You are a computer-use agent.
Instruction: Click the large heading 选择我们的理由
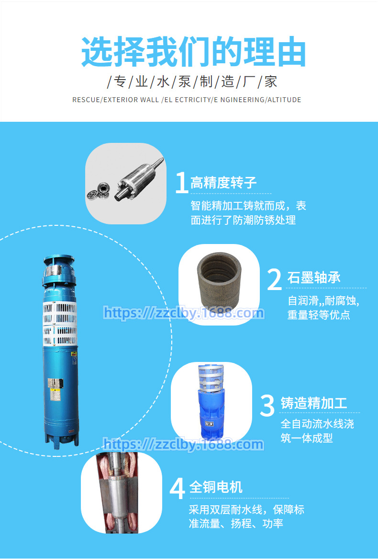tap(193, 52)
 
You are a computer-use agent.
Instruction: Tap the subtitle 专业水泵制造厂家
tap(192, 82)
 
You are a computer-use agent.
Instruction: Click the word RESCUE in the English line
tap(86, 100)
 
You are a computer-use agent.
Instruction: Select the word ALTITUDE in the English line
tap(284, 100)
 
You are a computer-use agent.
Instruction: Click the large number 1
tap(182, 183)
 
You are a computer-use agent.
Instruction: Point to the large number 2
tap(275, 279)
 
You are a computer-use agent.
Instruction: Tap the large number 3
tap(267, 405)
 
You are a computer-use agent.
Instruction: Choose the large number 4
tap(177, 489)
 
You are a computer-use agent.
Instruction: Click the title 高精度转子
tap(223, 183)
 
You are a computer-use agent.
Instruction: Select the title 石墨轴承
tap(314, 278)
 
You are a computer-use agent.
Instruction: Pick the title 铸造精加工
tap(313, 403)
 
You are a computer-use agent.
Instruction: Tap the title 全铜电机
tap(216, 487)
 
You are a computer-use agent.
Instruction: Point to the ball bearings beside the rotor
tap(98, 191)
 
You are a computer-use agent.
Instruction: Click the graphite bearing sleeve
tap(219, 282)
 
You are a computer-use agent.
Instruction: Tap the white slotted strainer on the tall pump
tap(60, 324)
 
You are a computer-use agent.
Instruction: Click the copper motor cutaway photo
tap(122, 493)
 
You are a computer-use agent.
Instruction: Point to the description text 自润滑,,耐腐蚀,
tap(323, 301)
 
